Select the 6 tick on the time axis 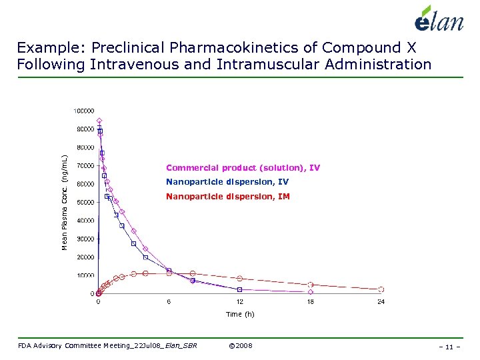[169, 302]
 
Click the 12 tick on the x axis [239, 302]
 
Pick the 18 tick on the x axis [310, 302]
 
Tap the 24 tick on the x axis [381, 302]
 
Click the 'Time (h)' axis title [240, 314]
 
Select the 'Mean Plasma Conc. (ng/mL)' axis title [65, 202]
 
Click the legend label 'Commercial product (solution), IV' [243, 168]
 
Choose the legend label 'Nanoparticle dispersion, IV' [227, 182]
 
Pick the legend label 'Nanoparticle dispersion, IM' [228, 197]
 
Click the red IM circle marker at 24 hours [381, 289]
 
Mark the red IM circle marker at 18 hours [311, 285]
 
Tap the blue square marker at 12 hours [240, 289]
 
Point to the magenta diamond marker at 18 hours [311, 292]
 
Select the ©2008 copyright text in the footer [240, 345]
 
